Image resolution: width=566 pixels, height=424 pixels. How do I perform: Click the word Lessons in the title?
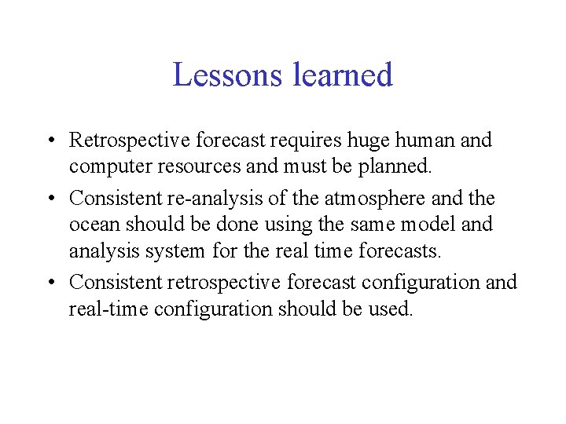click(228, 75)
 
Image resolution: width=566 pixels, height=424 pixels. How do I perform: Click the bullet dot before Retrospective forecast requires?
click(50, 142)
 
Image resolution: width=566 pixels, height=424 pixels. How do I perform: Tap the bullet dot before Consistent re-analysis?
click(50, 198)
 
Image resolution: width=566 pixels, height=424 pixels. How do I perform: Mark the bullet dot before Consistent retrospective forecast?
click(50, 282)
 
